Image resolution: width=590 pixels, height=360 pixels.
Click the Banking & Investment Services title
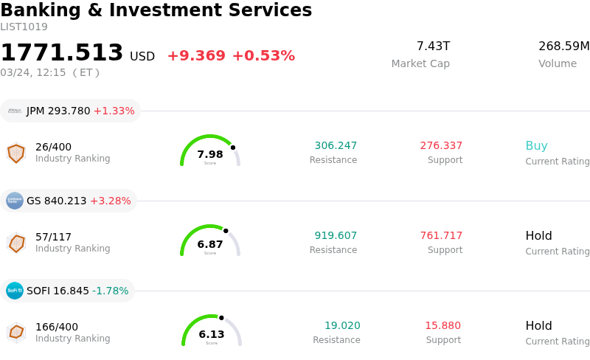[x=156, y=10]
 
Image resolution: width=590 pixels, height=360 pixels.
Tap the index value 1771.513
[x=62, y=53]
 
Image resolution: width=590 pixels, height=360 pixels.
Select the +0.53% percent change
[x=263, y=56]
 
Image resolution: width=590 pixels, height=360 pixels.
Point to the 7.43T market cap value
[x=433, y=46]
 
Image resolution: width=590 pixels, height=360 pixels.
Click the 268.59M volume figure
[x=563, y=46]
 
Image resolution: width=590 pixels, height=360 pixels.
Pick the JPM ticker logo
[x=15, y=111]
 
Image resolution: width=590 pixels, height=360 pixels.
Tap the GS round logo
[x=15, y=201]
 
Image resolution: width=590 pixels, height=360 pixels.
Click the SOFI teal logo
[x=15, y=291]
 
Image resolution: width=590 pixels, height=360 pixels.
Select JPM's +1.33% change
[x=114, y=111]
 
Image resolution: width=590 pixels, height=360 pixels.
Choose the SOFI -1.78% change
[x=110, y=291]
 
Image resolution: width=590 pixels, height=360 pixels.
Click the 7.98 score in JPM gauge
[x=210, y=154]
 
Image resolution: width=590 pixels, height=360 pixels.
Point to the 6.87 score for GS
[x=210, y=244]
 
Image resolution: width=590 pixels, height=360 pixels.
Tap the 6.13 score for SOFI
[x=212, y=334]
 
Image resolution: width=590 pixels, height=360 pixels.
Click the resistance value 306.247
[x=336, y=146]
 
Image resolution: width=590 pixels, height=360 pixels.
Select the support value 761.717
[x=441, y=236]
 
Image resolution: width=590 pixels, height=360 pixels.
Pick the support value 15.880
[x=442, y=326]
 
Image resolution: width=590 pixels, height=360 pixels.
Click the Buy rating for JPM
[x=536, y=146]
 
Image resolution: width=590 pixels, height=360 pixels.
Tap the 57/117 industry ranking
[x=53, y=237]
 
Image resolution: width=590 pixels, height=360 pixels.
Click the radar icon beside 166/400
[x=16, y=332]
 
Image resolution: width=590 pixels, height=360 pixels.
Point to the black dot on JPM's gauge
[x=233, y=148]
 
